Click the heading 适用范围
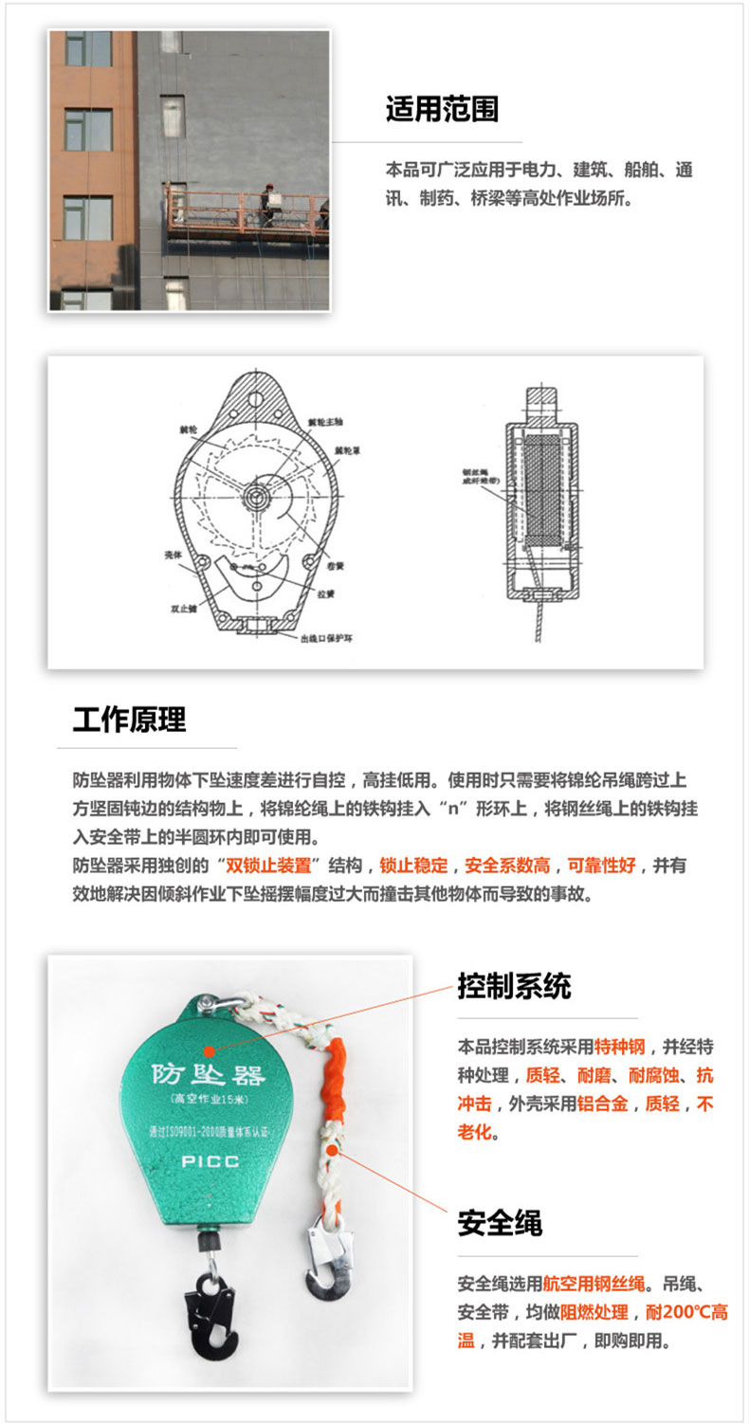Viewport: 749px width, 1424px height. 442,109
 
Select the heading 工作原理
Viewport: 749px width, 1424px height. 129,720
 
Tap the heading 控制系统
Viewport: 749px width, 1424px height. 514,986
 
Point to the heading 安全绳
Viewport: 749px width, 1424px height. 500,1222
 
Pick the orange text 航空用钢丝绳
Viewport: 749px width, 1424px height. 595,1286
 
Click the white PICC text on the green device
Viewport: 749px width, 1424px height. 211,1160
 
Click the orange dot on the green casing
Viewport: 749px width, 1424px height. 209,1050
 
